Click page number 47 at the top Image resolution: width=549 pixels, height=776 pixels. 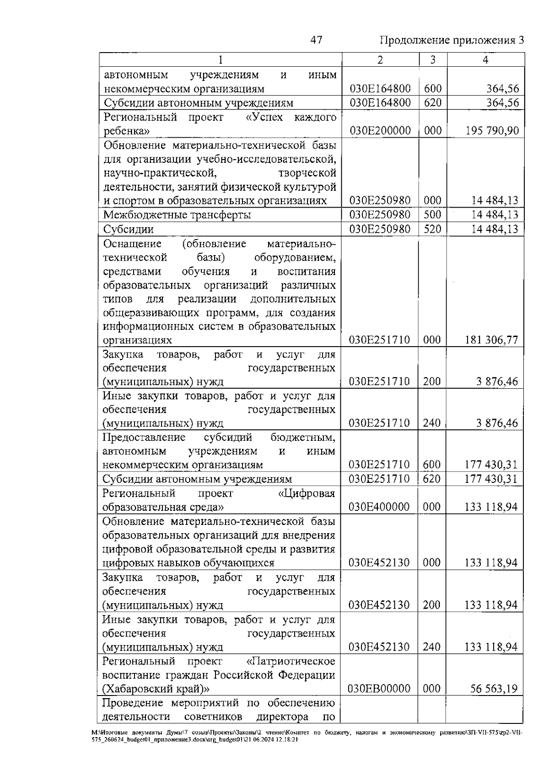point(316,40)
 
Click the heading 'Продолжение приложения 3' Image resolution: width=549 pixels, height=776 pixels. point(452,40)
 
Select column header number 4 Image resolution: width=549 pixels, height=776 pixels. point(485,60)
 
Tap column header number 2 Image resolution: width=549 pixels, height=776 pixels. point(380,60)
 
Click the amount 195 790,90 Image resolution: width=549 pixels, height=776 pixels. point(492,131)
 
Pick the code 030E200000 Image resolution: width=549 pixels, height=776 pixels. point(380,131)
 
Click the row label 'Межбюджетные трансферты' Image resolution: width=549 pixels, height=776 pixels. point(177,215)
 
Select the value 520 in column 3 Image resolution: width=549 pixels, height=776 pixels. point(432,229)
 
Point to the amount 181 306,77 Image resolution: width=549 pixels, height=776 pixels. point(492,340)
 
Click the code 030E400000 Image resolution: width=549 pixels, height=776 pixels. point(379,507)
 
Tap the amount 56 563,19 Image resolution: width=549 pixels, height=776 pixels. point(494,689)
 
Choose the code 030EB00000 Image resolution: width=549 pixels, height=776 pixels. point(379,689)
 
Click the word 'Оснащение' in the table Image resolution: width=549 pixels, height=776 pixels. point(132,244)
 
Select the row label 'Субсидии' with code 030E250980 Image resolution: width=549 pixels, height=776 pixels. point(129,229)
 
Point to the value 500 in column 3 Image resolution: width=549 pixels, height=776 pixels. point(432,215)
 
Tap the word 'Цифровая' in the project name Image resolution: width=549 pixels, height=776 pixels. point(307,493)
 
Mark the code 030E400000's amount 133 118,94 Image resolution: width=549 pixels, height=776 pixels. point(491,507)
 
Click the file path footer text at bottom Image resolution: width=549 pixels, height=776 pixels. point(307,748)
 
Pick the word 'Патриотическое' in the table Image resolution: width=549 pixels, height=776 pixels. point(291,661)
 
